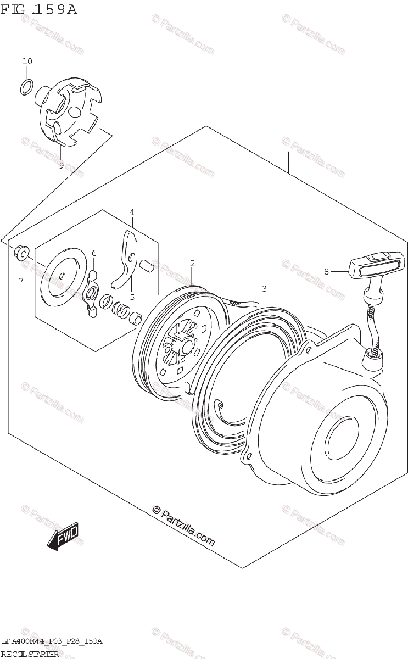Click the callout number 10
27,62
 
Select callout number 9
61,165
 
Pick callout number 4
132,212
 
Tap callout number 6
94,253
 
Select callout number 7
20,281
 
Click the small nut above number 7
20,252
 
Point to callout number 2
192,264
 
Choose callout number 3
264,288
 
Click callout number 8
326,271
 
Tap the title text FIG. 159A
40,9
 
